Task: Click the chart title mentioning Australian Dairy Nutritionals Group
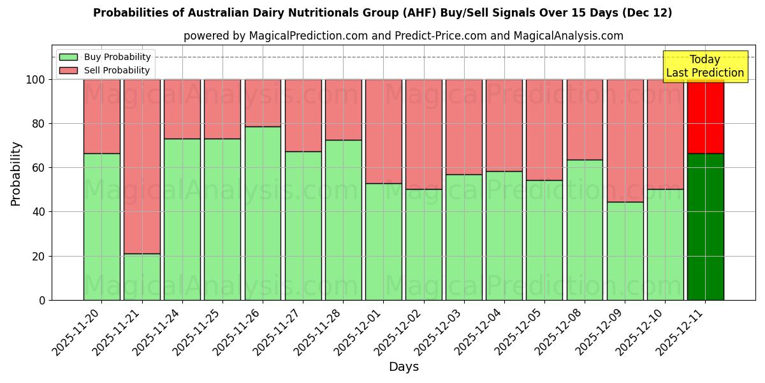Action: pos(382,13)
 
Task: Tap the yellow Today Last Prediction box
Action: pos(704,67)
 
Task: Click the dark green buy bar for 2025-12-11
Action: pos(705,227)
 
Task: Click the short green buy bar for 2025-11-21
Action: pos(142,277)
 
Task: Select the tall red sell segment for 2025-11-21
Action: pos(142,166)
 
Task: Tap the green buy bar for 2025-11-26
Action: pos(263,213)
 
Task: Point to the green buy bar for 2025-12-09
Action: pos(625,251)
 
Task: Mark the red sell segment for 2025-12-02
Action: pos(423,134)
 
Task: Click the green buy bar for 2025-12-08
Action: pos(585,230)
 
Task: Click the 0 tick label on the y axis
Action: pos(42,300)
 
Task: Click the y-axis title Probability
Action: pos(16,174)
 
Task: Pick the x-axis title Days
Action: pos(404,367)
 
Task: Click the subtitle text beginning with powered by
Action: pos(404,36)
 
